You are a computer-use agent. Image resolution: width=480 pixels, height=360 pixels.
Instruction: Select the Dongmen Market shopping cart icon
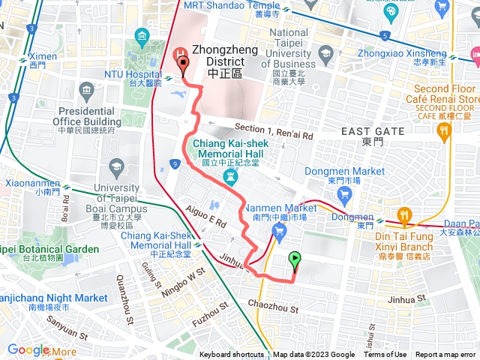344,193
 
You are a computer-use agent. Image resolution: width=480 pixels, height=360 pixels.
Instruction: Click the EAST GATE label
373,131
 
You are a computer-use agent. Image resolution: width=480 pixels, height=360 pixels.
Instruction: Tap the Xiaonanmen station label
25,185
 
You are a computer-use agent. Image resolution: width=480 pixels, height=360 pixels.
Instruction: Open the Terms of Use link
385,355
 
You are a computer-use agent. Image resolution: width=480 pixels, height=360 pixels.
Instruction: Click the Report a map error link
446,355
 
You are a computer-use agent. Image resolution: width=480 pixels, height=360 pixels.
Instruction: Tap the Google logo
28,349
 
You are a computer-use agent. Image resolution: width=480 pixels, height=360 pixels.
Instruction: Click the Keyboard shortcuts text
231,355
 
